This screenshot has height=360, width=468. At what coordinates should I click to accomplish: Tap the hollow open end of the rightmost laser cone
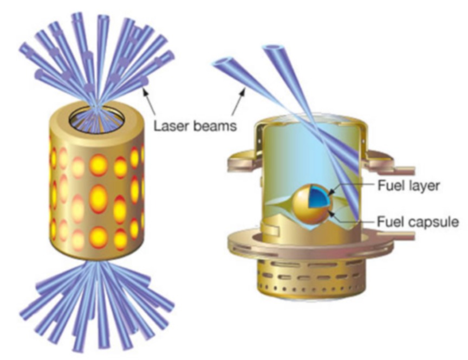point(274,50)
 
